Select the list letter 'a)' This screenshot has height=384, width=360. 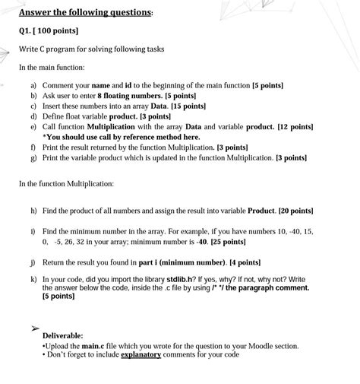coord(34,86)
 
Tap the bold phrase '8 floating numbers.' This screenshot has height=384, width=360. coord(125,97)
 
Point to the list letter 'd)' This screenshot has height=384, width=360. coord(34,117)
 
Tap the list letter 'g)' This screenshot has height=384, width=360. coord(34,157)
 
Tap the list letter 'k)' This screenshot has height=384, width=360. coord(34,279)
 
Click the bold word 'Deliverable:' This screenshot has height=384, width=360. coord(63,335)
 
